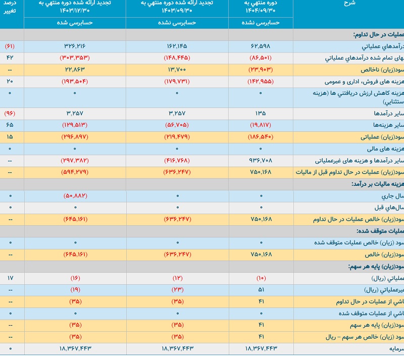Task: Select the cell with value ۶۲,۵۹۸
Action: coord(261,46)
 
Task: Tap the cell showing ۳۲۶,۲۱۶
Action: coord(75,46)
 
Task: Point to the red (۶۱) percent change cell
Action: coord(10,46)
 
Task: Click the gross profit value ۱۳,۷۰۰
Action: coord(177,69)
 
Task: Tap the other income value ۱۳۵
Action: coord(261,114)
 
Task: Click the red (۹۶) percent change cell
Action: coord(10,114)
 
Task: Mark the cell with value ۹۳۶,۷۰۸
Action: coord(261,161)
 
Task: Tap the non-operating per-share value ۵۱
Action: coord(261,290)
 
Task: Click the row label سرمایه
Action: coord(392,348)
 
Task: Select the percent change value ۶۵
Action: coord(10,125)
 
